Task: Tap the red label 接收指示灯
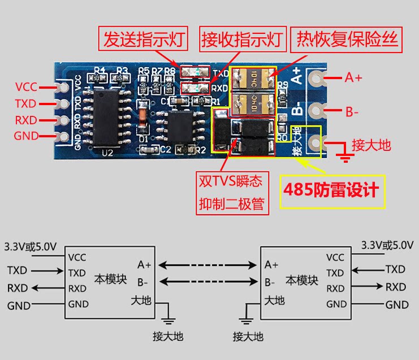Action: pos(241,40)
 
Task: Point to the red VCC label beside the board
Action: pos(26,87)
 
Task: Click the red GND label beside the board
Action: pos(26,136)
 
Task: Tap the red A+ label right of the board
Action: pos(354,78)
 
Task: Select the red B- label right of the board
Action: pos(352,111)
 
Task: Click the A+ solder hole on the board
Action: pos(316,79)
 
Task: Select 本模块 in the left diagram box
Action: pos(110,279)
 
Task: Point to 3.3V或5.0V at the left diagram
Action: pos(30,246)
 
